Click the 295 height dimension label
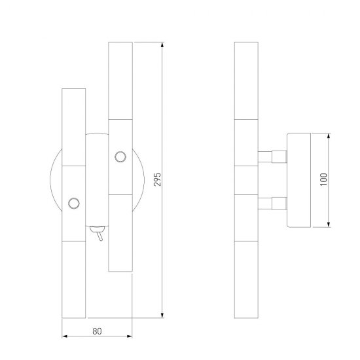[x=156, y=181]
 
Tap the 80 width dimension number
[x=97, y=331]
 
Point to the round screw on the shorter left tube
[x=75, y=202]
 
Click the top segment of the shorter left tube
[x=74, y=126]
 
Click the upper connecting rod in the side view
[x=272, y=156]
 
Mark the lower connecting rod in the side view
[x=272, y=202]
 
